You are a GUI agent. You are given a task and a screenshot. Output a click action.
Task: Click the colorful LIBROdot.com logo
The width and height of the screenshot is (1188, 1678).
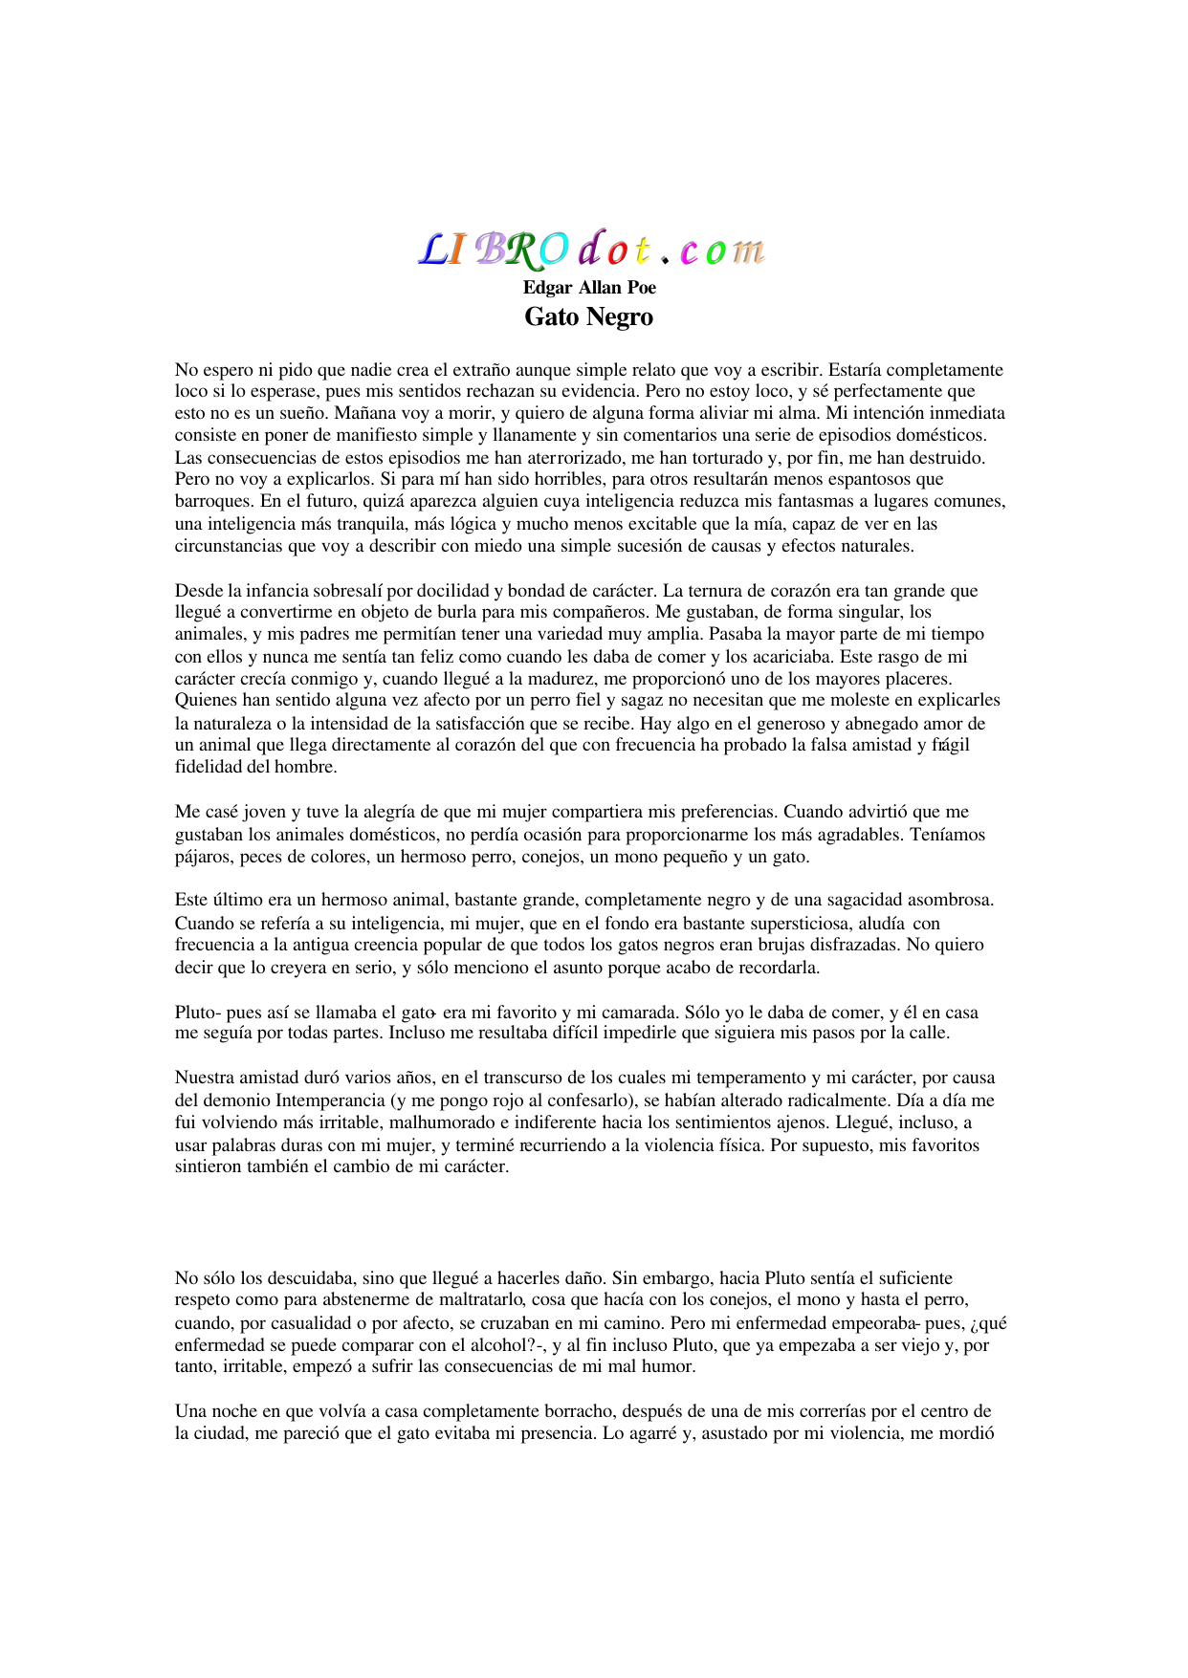coord(592,249)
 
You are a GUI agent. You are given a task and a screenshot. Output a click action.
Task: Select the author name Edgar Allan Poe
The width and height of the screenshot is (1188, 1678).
coord(589,288)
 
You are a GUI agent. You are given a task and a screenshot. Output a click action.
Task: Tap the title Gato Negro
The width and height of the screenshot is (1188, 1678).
coord(588,317)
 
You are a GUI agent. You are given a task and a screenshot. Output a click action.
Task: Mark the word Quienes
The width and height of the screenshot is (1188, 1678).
coord(205,701)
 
